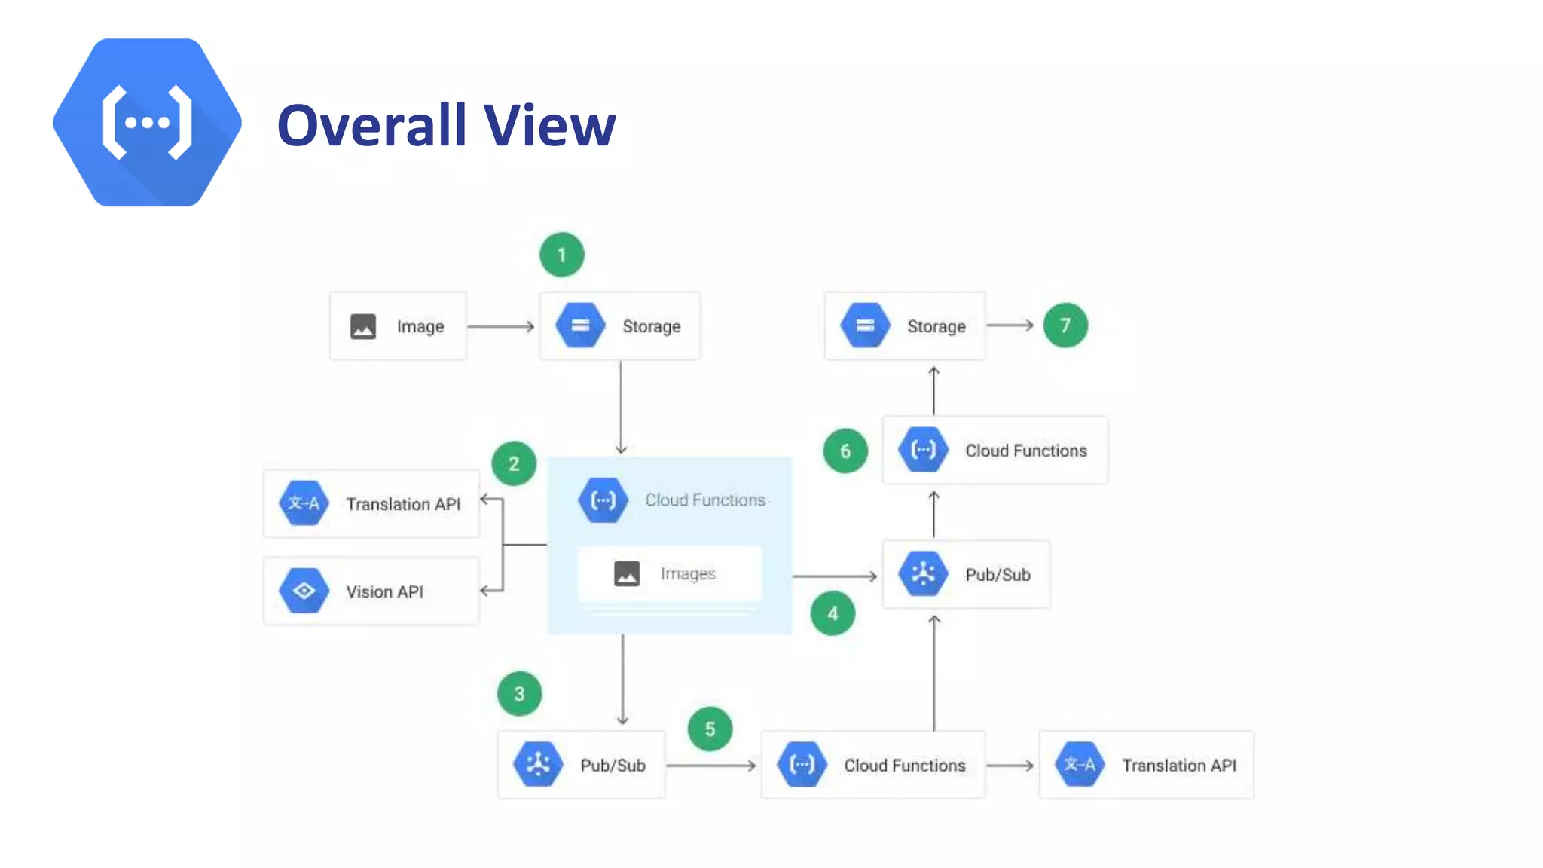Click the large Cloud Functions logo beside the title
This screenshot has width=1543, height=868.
147,123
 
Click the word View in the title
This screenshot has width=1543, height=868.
549,125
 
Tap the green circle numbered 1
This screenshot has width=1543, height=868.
561,255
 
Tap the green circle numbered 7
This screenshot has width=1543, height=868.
1065,325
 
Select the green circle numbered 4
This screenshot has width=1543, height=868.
833,613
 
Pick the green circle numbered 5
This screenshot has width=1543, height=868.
710,729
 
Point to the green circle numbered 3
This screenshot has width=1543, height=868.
519,693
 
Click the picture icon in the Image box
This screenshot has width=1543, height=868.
363,326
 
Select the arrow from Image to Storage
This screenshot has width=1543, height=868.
500,326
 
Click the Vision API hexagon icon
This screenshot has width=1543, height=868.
304,591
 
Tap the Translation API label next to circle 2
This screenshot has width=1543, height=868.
403,504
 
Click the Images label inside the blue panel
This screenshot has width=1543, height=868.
688,573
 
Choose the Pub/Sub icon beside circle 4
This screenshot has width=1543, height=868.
923,574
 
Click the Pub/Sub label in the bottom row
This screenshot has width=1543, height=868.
613,765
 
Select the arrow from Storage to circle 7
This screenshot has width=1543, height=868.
1010,325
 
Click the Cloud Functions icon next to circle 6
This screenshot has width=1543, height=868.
923,450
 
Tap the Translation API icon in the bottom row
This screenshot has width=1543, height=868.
1079,765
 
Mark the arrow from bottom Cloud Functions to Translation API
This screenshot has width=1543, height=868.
1010,765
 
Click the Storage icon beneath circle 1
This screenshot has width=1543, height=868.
580,325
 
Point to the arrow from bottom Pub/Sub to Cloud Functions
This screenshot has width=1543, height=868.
710,765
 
